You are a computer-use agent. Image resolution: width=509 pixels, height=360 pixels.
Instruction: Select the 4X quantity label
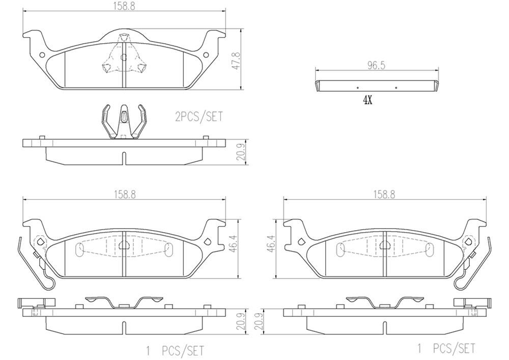[367, 100]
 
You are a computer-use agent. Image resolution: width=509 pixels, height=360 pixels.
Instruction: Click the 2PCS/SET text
[199, 117]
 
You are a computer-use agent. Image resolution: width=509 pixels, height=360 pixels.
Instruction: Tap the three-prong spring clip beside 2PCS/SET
[124, 122]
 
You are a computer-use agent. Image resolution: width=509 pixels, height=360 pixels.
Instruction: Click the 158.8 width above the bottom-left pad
[124, 194]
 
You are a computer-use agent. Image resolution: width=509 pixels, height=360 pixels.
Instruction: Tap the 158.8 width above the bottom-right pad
[384, 194]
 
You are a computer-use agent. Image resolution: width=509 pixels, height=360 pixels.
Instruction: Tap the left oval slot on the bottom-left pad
[79, 249]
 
